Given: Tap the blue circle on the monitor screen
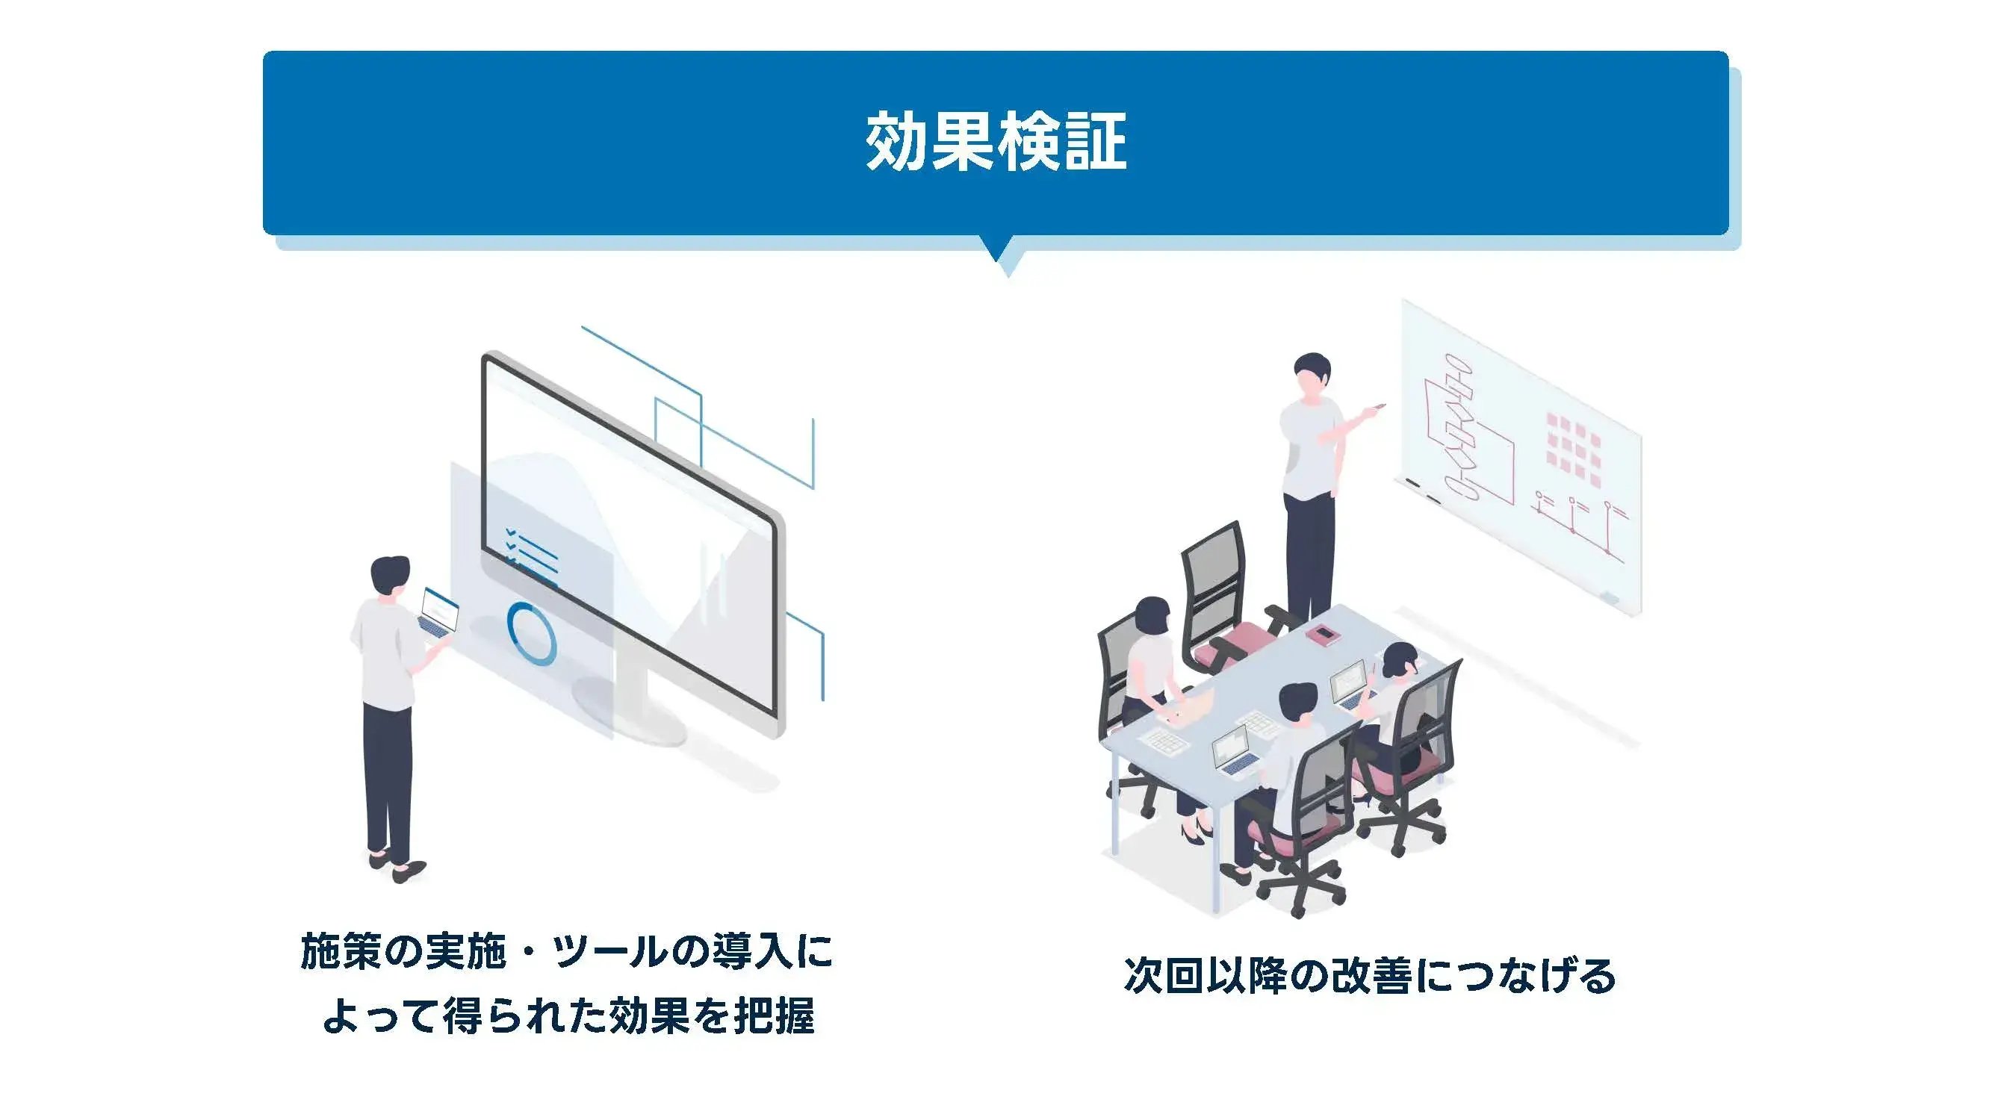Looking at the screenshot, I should tap(531, 633).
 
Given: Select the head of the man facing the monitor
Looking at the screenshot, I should tap(390, 576).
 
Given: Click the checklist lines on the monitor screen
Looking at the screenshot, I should tap(531, 552).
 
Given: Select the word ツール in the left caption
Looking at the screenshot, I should tap(609, 951).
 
